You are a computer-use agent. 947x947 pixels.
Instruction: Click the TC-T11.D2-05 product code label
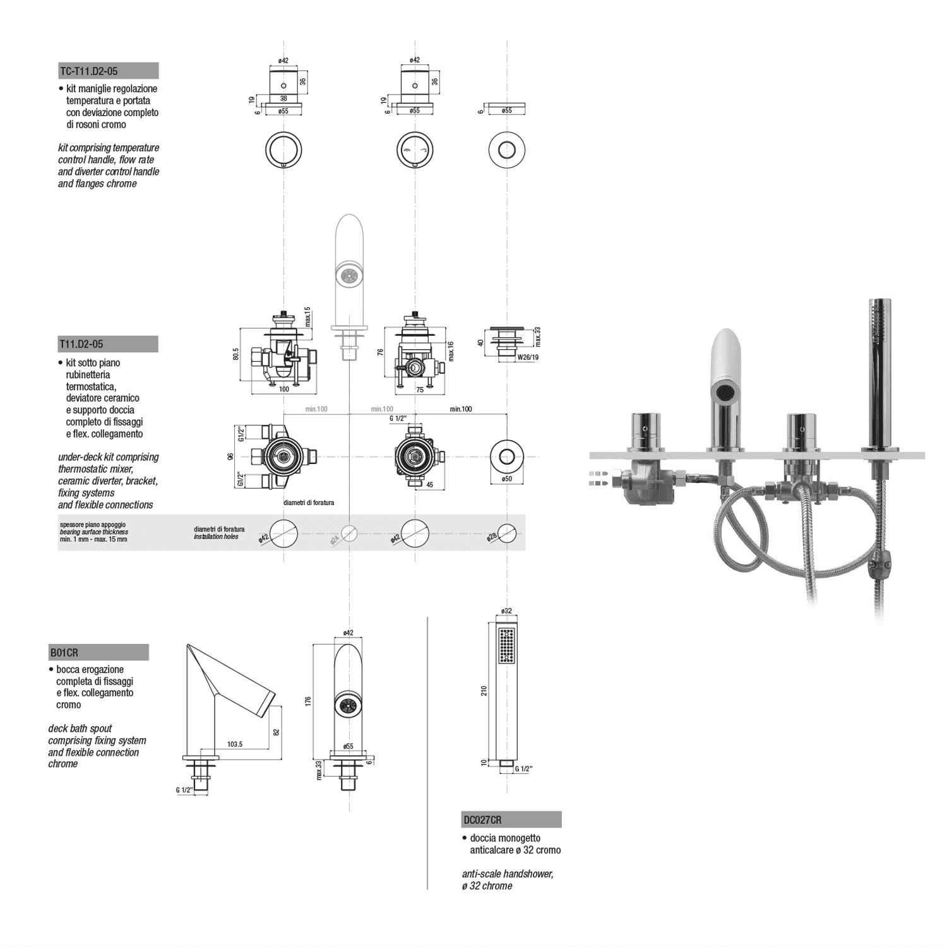click(x=89, y=71)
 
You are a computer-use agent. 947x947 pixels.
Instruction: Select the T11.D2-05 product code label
click(x=81, y=344)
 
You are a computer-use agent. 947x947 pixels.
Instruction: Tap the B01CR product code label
click(x=64, y=652)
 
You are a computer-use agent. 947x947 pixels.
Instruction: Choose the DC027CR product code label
click(x=483, y=819)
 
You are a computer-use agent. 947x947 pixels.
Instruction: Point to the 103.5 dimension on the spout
click(x=235, y=744)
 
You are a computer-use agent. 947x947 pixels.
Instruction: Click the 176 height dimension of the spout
click(x=308, y=701)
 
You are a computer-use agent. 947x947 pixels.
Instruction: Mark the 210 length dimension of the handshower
click(x=484, y=691)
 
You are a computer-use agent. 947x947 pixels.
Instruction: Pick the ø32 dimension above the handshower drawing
click(x=506, y=611)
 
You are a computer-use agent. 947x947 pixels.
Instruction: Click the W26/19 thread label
click(x=528, y=357)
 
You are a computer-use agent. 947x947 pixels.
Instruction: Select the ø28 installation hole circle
click(x=507, y=533)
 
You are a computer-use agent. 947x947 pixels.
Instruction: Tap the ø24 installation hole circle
click(x=349, y=533)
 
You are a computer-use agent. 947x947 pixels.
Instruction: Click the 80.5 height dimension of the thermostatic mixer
click(x=235, y=354)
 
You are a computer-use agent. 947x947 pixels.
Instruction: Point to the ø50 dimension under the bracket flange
click(x=507, y=479)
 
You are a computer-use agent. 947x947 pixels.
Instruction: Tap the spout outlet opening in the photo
click(x=725, y=393)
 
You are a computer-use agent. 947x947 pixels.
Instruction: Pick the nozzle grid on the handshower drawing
click(x=506, y=645)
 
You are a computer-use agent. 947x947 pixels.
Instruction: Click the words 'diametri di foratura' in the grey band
click(x=218, y=529)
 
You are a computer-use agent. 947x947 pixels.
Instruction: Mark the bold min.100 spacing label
click(x=461, y=409)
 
